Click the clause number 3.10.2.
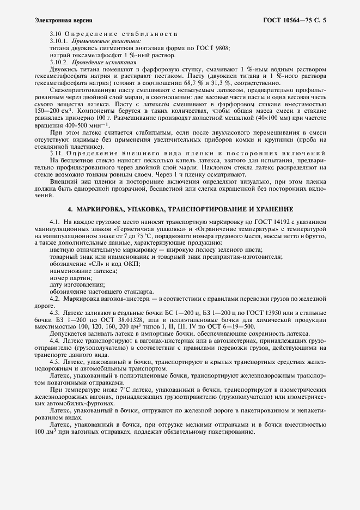pos(58,63)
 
